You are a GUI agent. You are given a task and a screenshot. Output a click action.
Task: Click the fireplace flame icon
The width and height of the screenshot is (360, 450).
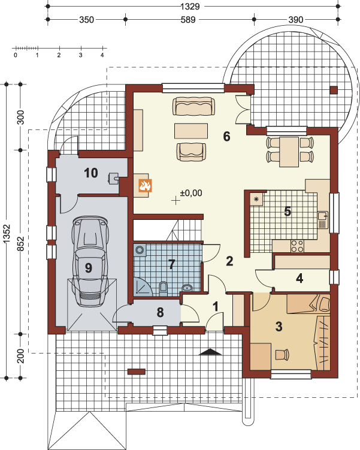coord(145,185)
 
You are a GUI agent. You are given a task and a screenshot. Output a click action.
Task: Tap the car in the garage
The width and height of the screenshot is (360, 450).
coord(90,261)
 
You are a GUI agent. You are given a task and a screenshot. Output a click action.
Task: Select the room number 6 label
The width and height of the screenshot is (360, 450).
coord(226,137)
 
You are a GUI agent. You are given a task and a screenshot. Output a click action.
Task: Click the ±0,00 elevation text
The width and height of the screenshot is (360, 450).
coord(191,193)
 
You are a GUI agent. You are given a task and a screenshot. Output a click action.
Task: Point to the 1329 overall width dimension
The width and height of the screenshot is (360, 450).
coord(190,7)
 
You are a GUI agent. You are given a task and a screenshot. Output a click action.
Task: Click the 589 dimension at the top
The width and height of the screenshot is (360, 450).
coord(188,20)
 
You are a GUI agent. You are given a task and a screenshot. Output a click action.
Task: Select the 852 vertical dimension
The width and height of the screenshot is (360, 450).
coord(20,243)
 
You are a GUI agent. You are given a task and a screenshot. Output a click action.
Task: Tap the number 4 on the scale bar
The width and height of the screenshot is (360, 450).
coord(102,55)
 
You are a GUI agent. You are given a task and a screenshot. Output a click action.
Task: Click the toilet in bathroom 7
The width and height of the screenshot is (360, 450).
coord(163,288)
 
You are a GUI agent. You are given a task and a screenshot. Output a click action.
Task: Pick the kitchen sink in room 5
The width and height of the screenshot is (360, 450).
coord(323,220)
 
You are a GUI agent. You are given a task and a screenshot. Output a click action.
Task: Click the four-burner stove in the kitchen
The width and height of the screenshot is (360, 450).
coord(297,246)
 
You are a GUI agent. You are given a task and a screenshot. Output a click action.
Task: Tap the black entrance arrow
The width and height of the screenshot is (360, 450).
coord(210,352)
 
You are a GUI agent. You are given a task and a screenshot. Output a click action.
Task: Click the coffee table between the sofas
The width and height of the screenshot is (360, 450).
coord(191,131)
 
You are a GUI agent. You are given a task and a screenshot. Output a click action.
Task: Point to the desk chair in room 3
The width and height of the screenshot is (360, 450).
coord(282,354)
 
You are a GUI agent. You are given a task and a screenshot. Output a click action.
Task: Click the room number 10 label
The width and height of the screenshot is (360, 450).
coord(91,173)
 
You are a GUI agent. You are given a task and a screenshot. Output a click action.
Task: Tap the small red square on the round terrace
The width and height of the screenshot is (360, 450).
coord(334,90)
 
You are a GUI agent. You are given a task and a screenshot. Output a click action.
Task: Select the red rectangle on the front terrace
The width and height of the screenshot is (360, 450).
coord(136,372)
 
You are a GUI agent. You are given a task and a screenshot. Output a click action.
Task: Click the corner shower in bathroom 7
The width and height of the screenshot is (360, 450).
coord(143,286)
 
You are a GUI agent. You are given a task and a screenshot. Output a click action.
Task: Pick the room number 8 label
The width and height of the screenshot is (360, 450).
coord(160,312)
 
